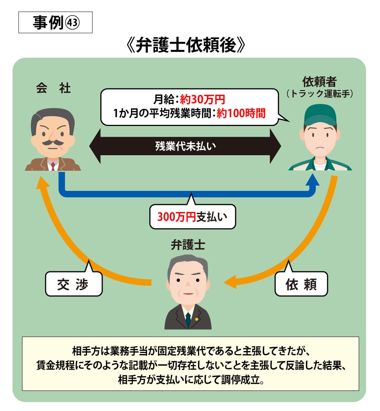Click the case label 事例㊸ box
pyautogui.click(x=55, y=23)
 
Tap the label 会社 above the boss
pyautogui.click(x=54, y=88)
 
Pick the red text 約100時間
pyautogui.click(x=241, y=113)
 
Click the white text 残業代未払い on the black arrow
pyautogui.click(x=185, y=146)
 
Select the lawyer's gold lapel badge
pyautogui.click(x=196, y=319)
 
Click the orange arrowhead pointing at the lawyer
pyautogui.click(x=231, y=283)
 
